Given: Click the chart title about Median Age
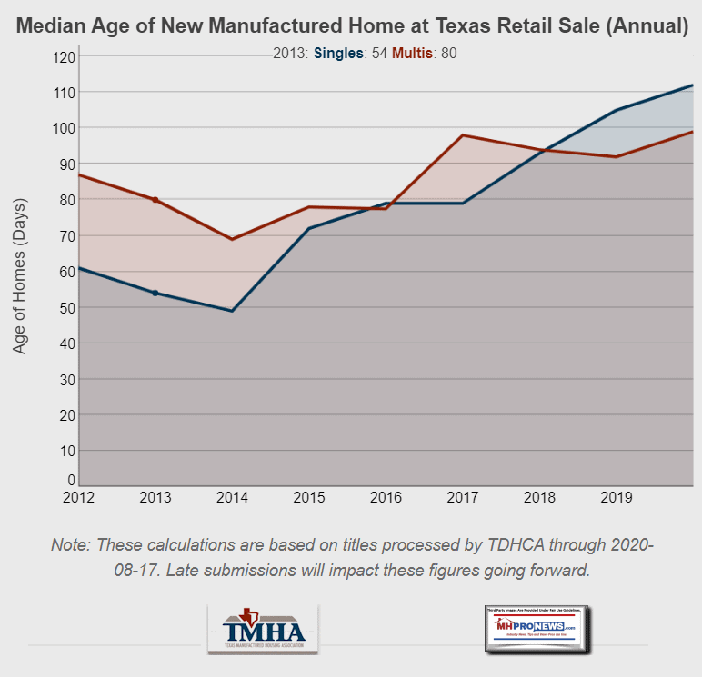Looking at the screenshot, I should coord(351,25).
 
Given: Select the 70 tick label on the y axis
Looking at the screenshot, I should coord(66,236).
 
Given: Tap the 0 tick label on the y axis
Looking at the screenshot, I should coord(70,480).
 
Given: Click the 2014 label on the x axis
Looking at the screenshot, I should coord(232,497).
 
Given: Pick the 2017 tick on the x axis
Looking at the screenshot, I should coord(463,497).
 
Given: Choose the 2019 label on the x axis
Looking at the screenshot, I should coord(617,497).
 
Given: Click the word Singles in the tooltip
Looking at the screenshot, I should coord(339,54).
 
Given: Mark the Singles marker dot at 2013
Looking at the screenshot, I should coord(155,293).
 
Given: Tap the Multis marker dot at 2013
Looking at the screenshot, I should coord(155,200).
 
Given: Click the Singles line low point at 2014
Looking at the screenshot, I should coord(232,311).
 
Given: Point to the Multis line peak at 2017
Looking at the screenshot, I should coord(463,135).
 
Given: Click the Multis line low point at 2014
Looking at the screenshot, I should coord(232,239).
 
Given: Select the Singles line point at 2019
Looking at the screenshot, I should coord(617,110).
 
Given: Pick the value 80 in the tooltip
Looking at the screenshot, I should coord(448,54).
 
